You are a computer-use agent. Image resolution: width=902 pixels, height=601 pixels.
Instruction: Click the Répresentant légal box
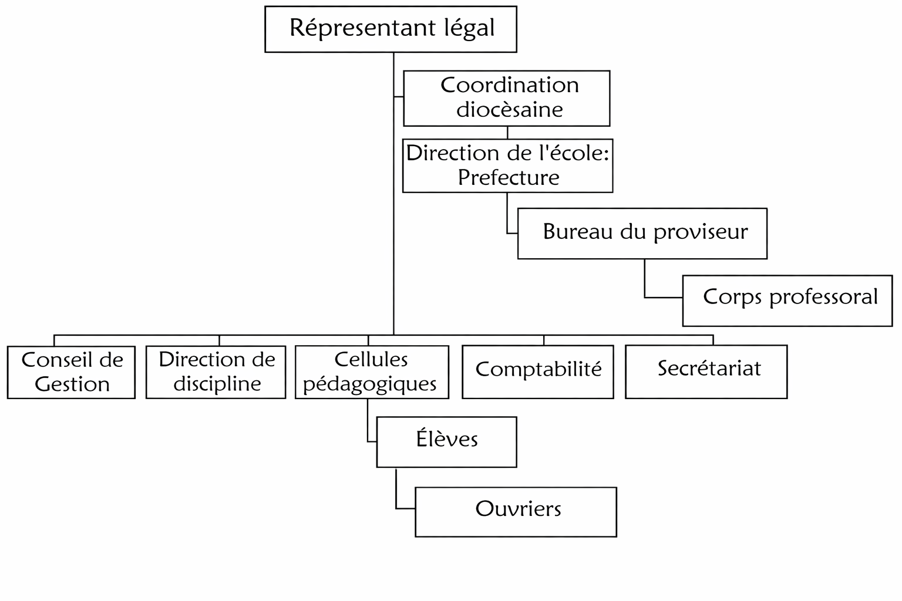point(391,29)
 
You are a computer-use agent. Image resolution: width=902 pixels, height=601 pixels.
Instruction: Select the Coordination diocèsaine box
point(506,98)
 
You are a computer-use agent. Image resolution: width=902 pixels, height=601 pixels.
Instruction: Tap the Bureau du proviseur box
point(642,233)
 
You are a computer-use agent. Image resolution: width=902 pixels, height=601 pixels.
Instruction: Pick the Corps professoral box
point(787,300)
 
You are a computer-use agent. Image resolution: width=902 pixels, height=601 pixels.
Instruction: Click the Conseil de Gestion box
point(71,372)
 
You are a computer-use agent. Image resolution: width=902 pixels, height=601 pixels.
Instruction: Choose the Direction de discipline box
point(216,372)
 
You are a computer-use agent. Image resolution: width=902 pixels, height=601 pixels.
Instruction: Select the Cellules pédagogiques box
point(372,372)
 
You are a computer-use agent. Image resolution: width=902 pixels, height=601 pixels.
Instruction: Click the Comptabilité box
point(538,372)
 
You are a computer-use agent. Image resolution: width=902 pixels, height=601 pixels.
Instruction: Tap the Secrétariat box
point(706,372)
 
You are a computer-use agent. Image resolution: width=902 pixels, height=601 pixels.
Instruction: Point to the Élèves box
point(446,442)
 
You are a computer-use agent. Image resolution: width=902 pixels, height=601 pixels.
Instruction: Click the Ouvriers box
point(516,512)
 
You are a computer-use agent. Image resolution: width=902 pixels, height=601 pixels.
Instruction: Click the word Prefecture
point(509,177)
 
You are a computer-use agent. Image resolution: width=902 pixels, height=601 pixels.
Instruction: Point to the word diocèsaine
point(510,110)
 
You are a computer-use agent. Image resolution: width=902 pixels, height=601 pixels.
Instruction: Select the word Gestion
point(72,384)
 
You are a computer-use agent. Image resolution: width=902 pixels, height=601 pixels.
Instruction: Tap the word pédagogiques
point(370,384)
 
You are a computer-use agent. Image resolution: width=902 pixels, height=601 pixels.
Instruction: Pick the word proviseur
point(701,232)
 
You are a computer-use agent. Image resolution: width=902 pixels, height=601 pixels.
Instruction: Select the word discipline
point(217,384)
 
